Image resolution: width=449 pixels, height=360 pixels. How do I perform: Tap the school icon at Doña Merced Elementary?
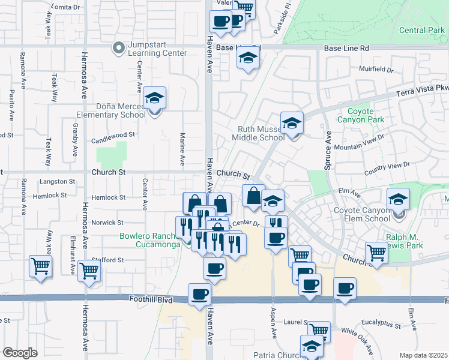click(x=155, y=98)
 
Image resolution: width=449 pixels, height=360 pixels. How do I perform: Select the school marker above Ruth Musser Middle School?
click(x=292, y=124)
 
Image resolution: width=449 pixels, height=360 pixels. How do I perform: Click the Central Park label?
click(x=421, y=30)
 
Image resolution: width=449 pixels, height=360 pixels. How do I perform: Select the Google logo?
click(x=20, y=353)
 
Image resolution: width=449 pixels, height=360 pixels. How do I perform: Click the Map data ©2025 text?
click(x=423, y=355)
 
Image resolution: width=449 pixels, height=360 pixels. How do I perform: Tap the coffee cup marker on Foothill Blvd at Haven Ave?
click(x=200, y=295)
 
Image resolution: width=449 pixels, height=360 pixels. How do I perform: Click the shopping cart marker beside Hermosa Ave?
click(x=89, y=271)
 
